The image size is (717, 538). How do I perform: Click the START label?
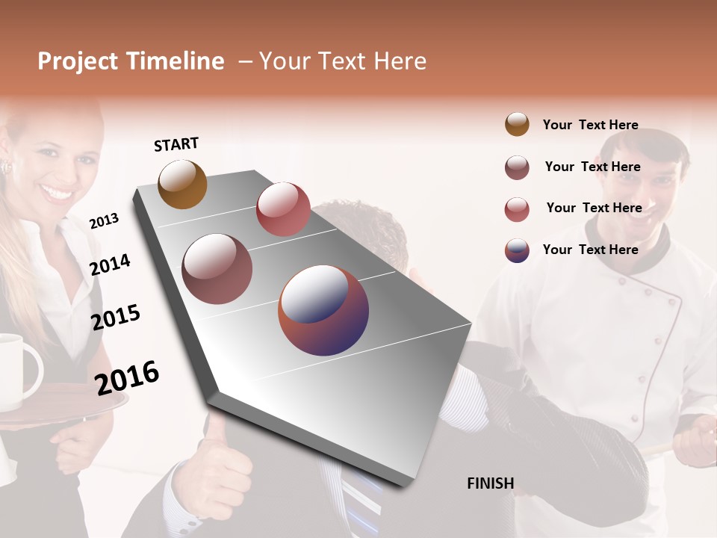176,144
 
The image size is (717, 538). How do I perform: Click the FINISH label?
490,483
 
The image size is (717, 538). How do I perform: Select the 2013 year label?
104,220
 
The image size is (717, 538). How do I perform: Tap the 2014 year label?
111,265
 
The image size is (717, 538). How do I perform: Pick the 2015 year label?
116,318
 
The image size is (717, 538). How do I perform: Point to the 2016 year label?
127,377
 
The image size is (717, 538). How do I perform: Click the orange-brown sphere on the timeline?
182,184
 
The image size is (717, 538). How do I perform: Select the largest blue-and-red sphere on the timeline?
323,310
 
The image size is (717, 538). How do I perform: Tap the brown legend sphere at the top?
517,124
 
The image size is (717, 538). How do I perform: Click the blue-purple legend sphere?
517,250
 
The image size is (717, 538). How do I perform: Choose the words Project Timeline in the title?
131,61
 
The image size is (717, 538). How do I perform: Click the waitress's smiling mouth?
56,193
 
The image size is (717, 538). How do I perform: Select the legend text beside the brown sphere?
590,125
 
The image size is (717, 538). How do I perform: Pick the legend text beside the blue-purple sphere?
590,250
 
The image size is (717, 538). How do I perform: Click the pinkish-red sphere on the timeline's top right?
283,209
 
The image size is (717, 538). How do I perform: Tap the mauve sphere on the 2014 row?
217,269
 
